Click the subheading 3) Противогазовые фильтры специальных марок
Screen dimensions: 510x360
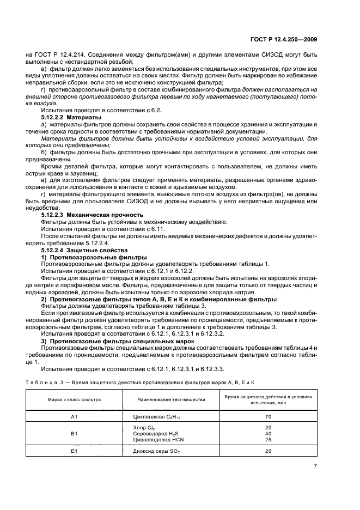pyautogui.click(x=114, y=341)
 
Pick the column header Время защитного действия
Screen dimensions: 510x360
pyautogui.click(x=268, y=399)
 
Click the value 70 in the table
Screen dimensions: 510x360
pyautogui.click(x=268, y=416)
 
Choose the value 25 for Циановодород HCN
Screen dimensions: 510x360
pyautogui.click(x=268, y=439)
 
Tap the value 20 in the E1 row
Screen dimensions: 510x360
pyautogui.click(x=268, y=451)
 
